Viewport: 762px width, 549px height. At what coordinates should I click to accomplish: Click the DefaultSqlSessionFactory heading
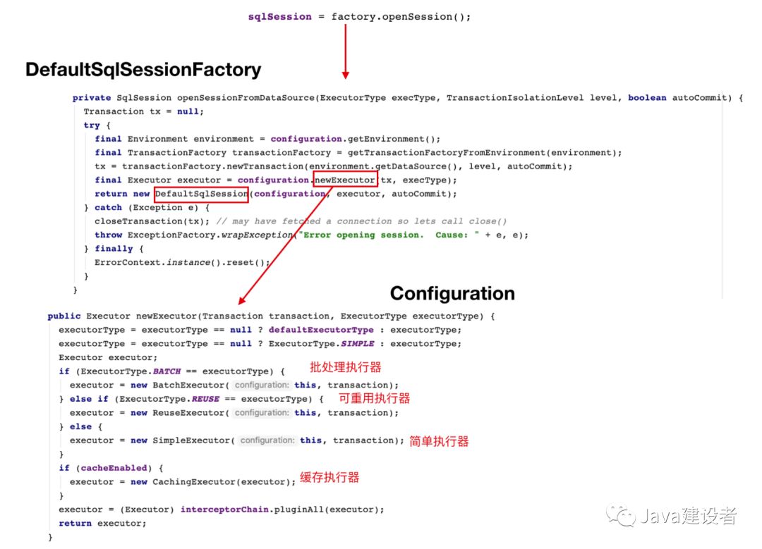[x=143, y=70]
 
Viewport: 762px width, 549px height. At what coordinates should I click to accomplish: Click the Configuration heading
[x=452, y=294]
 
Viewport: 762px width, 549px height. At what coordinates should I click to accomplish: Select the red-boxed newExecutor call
[x=345, y=179]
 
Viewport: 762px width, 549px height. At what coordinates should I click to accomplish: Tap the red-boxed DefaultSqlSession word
[x=201, y=195]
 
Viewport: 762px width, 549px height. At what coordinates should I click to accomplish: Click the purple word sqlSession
[x=280, y=17]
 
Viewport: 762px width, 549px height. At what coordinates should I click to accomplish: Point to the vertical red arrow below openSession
[x=346, y=51]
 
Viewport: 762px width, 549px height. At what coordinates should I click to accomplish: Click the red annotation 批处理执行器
[x=346, y=367]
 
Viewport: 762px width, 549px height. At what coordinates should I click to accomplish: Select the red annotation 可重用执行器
[x=374, y=398]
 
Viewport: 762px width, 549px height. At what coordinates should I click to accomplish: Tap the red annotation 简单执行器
[x=439, y=441]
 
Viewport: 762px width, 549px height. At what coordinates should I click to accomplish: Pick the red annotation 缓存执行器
[x=329, y=477]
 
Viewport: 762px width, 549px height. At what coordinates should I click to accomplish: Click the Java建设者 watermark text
[x=688, y=515]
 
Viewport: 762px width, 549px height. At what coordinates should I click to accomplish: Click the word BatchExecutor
[x=188, y=385]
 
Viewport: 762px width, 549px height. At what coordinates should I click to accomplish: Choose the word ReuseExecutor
[x=188, y=412]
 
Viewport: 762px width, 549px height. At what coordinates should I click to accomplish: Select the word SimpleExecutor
[x=191, y=440]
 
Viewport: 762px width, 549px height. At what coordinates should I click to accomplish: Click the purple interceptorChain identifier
[x=224, y=510]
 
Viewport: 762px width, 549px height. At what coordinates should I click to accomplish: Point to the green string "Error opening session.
[x=361, y=235]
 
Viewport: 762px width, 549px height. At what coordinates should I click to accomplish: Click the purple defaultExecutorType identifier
[x=321, y=330]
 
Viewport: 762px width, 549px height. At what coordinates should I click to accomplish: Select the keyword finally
[x=114, y=249]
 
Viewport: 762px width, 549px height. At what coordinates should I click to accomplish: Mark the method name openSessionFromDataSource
[x=246, y=97]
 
